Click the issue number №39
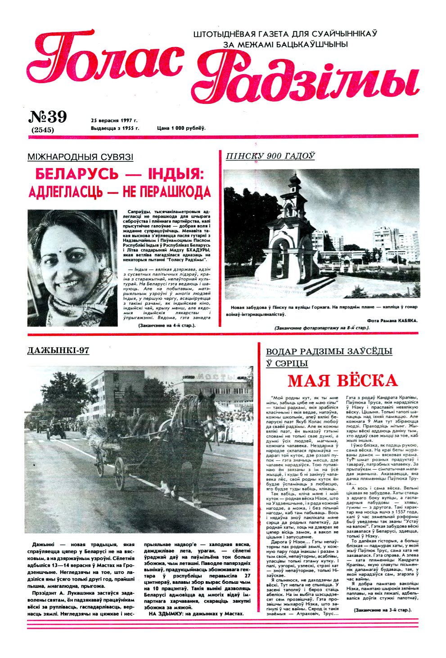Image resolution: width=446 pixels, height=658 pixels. [48, 117]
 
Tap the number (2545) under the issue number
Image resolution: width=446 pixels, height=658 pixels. [43, 130]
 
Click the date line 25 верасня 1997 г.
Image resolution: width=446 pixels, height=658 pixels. [114, 120]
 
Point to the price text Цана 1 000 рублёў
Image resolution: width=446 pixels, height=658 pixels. [181, 128]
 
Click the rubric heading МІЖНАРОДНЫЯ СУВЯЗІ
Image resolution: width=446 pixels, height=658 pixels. [81, 157]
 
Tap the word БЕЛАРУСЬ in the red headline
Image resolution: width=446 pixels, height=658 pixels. [76, 173]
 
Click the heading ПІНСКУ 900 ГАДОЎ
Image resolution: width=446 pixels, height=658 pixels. [270, 156]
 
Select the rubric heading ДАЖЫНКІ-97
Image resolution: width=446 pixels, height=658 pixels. [58, 351]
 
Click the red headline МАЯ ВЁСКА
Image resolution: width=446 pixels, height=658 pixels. [342, 381]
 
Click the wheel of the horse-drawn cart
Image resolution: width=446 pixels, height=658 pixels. [119, 473]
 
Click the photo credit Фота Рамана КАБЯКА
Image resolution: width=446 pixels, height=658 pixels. [392, 320]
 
